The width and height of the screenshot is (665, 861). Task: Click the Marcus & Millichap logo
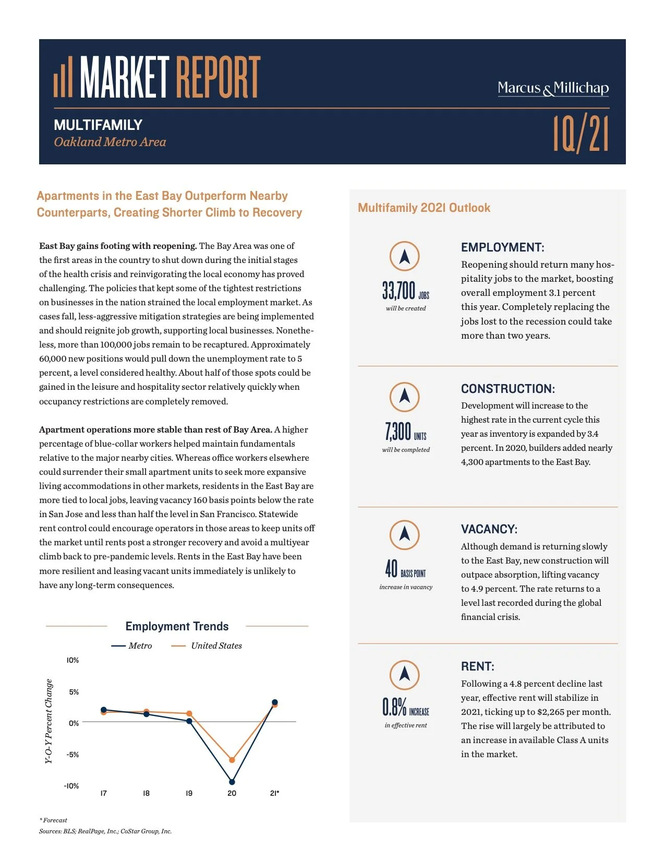click(x=553, y=88)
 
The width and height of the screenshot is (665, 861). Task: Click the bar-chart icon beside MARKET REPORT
click(x=63, y=78)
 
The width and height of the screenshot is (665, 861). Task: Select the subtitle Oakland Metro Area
click(x=110, y=142)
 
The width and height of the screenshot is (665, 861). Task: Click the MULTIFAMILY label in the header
click(x=98, y=125)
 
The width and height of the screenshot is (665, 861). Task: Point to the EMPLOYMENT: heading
click(x=502, y=247)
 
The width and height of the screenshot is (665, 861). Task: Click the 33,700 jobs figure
click(x=405, y=291)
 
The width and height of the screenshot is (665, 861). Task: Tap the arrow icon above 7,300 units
click(x=404, y=397)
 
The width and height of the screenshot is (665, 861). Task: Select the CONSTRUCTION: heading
click(x=507, y=389)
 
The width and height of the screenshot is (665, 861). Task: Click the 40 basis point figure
click(x=405, y=569)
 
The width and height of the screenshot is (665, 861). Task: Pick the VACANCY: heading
click(x=489, y=529)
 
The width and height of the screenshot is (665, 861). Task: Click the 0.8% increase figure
click(x=405, y=708)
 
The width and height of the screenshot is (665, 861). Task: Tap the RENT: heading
click(x=477, y=666)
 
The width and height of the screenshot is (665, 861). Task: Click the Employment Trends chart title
click(x=177, y=626)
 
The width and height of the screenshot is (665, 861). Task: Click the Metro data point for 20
click(x=232, y=782)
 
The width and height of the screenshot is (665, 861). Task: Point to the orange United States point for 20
click(x=232, y=760)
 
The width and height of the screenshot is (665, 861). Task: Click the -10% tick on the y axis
click(x=71, y=786)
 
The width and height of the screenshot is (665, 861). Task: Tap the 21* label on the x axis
click(x=274, y=793)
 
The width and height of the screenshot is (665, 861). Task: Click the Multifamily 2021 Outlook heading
click(x=424, y=208)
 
